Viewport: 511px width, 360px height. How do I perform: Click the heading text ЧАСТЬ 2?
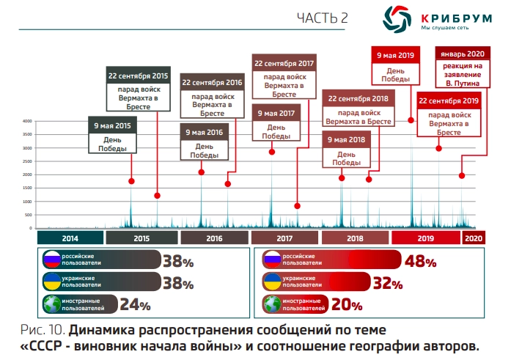[322, 18]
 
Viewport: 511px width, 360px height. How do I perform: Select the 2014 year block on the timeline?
[70, 238]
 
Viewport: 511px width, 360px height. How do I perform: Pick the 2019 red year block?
[425, 238]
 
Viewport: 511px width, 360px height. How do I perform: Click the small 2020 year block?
[473, 238]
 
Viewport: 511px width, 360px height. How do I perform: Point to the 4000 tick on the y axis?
[26, 121]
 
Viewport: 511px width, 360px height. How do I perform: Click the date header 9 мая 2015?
[112, 126]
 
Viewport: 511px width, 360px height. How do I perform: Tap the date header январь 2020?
[460, 54]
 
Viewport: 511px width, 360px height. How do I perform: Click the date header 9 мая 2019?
[396, 55]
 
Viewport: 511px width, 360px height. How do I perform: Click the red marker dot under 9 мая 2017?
[272, 152]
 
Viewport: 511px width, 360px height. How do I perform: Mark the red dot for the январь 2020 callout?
[462, 175]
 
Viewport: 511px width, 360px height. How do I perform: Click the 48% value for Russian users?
[419, 261]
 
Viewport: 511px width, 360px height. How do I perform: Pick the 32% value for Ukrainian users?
[387, 283]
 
